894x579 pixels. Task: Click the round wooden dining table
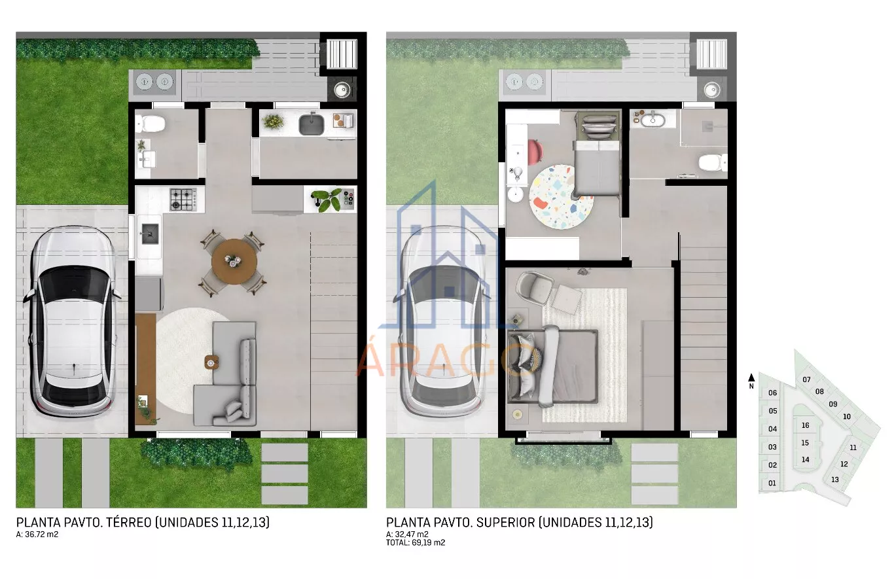[234, 262]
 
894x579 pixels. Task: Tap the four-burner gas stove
[183, 199]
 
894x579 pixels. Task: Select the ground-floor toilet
[151, 124]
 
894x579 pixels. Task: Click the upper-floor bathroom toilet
[713, 163]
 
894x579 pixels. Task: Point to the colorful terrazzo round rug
[561, 197]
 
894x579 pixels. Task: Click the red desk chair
[535, 152]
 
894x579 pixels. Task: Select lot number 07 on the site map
[806, 379]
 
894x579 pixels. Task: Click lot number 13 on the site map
[835, 480]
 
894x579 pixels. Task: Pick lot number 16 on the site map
[806, 425]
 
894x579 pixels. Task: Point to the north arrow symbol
[751, 377]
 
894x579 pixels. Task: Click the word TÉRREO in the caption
[129, 522]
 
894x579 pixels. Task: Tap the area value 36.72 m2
[41, 535]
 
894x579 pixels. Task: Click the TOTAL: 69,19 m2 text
[416, 542]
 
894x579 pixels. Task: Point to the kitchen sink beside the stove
[150, 234]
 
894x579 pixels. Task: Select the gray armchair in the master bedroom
[535, 289]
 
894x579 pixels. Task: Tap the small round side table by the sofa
[211, 362]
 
